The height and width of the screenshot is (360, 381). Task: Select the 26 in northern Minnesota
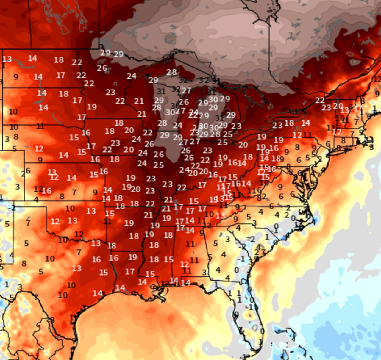(x=102, y=68)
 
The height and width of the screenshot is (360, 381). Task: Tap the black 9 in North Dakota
(x=16, y=77)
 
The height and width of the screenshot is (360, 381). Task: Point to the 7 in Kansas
(x=74, y=192)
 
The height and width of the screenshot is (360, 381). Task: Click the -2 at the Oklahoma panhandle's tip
(x=12, y=208)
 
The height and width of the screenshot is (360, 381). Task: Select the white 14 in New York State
(x=305, y=123)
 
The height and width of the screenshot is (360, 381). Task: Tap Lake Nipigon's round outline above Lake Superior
(x=170, y=38)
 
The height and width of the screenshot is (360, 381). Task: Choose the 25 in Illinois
(x=159, y=165)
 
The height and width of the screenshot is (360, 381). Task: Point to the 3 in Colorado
(x=18, y=187)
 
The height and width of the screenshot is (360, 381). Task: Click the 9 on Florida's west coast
(x=236, y=314)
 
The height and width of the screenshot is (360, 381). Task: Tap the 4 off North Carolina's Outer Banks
(x=313, y=222)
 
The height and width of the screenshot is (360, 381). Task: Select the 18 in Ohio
(x=248, y=157)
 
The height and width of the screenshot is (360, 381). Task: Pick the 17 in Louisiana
(x=130, y=271)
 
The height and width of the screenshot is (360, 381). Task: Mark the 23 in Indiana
(x=207, y=151)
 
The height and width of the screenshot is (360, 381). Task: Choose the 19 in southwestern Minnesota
(x=92, y=107)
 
